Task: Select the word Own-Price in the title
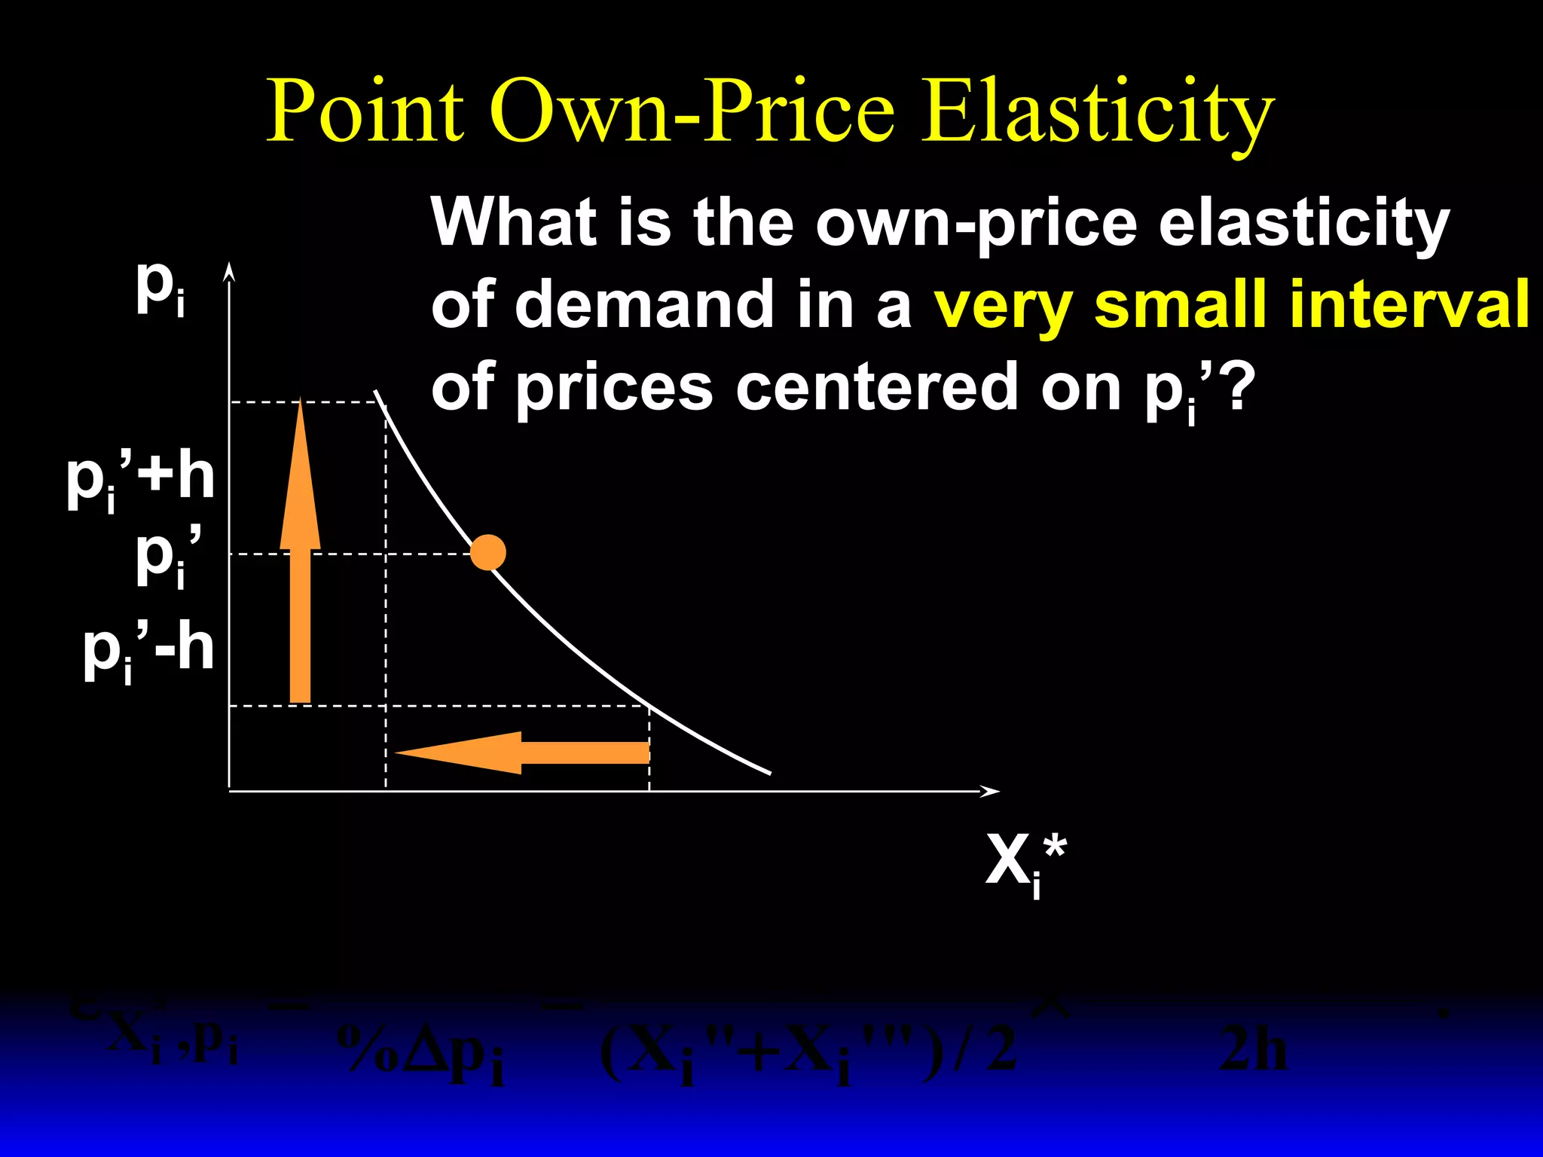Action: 693,111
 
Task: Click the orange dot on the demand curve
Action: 488,553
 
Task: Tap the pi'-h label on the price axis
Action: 148,651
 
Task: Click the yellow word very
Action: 1003,305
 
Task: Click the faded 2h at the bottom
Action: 1252,1049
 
